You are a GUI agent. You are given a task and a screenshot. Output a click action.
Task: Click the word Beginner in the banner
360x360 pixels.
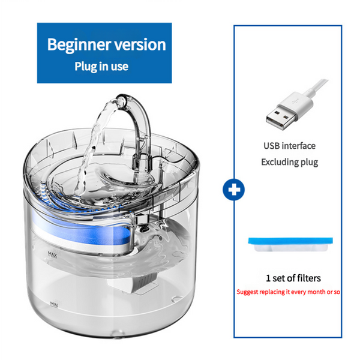[x=76, y=44]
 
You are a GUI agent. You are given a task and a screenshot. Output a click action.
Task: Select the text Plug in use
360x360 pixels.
[x=101, y=66]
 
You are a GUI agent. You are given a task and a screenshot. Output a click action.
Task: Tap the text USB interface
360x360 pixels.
[x=289, y=145]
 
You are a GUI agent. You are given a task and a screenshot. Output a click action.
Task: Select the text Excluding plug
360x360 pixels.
[x=289, y=162]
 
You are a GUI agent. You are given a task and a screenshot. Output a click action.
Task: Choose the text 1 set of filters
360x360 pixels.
[x=293, y=278]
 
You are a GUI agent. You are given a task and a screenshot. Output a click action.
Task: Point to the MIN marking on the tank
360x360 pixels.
[x=55, y=304]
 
